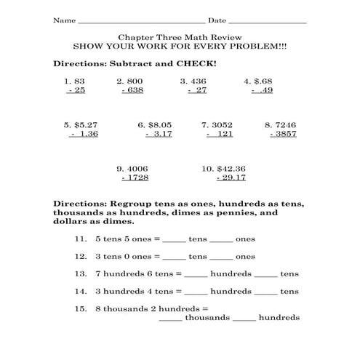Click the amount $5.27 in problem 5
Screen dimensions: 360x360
coord(85,124)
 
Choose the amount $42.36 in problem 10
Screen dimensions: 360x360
coord(231,168)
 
